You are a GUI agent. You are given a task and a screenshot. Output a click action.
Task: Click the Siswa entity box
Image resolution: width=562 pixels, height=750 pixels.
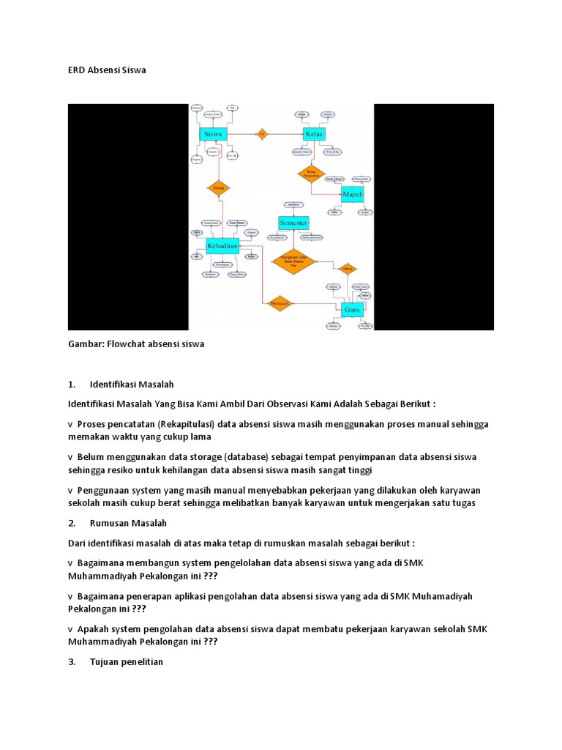(214, 134)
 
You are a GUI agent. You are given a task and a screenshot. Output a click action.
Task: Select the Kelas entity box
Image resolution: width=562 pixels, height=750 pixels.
(314, 134)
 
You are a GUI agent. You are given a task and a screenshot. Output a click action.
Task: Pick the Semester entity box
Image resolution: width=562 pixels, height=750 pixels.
(293, 222)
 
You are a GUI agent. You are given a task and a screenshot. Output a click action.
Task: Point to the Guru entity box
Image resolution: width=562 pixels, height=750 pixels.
(352, 310)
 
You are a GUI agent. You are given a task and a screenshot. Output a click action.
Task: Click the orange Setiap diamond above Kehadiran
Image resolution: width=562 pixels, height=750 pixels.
(218, 188)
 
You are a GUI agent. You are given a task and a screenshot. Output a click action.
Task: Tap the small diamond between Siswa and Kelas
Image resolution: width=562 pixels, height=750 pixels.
(262, 134)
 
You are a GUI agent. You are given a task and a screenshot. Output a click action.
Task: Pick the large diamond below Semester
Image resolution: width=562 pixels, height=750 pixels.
(293, 261)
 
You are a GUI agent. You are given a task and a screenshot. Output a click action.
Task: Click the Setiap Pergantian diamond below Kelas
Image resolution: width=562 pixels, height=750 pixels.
(310, 174)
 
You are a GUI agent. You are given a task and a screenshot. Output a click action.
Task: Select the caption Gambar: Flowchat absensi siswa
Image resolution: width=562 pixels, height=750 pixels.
(136, 343)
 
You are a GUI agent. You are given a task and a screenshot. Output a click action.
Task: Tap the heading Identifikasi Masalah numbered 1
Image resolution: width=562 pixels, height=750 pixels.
(132, 384)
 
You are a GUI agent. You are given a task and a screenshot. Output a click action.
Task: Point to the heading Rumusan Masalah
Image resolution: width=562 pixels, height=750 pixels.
(128, 523)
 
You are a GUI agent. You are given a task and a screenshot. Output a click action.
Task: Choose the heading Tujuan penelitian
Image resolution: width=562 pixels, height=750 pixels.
(127, 662)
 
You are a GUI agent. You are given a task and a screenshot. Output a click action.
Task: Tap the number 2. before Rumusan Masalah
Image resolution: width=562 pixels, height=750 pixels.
(72, 523)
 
